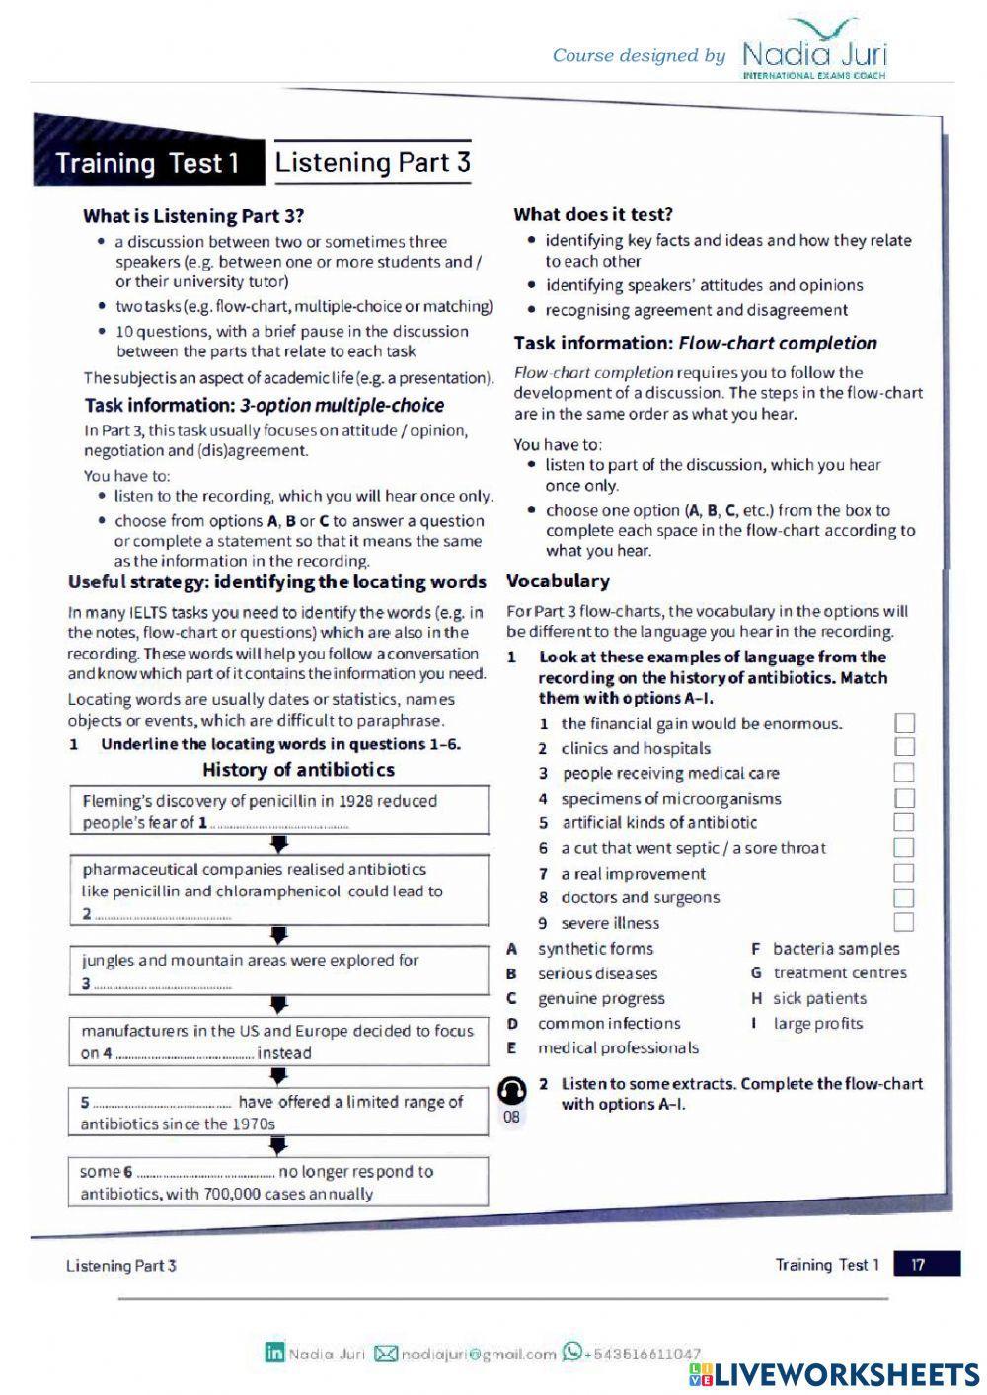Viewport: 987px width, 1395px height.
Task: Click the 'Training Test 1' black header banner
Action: click(148, 163)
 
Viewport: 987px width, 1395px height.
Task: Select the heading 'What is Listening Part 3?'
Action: click(193, 216)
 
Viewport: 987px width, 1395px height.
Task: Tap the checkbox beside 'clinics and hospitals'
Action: click(903, 747)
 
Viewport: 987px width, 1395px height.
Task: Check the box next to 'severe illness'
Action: click(903, 922)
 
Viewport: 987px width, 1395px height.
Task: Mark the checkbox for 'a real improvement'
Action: click(903, 873)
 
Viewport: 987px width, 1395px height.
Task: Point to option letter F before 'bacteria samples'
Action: click(756, 949)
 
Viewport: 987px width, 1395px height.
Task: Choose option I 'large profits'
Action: click(817, 1023)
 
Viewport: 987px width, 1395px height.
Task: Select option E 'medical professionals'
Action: click(617, 1047)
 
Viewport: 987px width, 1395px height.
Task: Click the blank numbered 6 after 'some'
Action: click(204, 1172)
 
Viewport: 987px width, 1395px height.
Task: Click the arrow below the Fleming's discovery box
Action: click(279, 844)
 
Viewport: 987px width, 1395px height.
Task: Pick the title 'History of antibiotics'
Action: click(298, 770)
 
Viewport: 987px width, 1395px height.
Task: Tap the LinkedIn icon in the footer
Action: click(274, 1353)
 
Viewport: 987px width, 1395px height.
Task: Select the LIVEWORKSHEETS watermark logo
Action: click(834, 1374)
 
